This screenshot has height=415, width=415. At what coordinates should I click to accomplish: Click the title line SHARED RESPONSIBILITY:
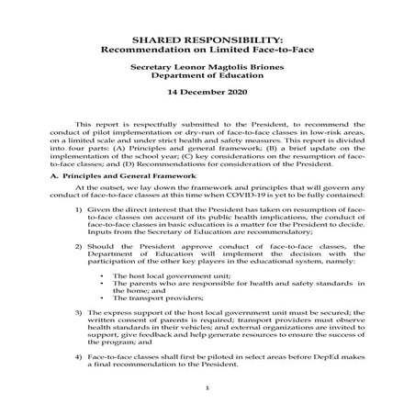(207, 41)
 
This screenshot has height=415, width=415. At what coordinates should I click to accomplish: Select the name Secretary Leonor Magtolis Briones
(207, 69)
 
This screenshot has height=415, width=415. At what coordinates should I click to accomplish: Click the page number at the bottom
(207, 388)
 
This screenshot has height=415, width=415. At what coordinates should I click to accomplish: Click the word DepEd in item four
(311, 354)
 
